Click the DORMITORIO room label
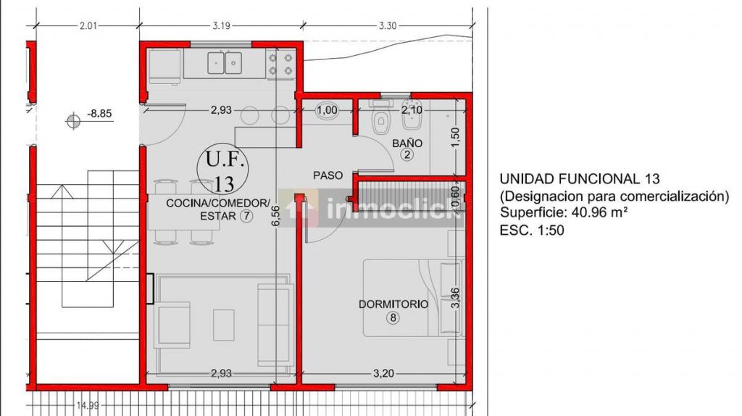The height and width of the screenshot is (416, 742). [x=393, y=304]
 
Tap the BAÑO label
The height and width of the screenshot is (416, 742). [x=407, y=143]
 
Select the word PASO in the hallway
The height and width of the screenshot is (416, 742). [x=328, y=175]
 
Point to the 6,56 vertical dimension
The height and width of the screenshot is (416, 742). [x=276, y=216]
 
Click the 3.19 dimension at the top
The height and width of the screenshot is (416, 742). [x=221, y=25]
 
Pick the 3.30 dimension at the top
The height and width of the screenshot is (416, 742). [x=388, y=25]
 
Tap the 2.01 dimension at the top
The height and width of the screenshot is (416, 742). [x=88, y=25]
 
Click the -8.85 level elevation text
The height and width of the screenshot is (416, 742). [x=99, y=114]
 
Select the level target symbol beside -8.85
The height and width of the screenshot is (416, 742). [x=73, y=121]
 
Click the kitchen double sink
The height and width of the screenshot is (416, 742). [x=225, y=63]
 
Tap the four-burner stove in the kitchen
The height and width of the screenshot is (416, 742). [x=280, y=65]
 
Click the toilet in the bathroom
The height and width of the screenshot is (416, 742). [x=380, y=119]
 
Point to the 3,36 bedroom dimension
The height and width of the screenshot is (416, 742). [x=455, y=298]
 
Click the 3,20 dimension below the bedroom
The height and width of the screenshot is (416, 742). [x=383, y=373]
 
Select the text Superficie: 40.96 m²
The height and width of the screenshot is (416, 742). [x=564, y=212]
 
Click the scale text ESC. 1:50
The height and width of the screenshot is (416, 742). [x=532, y=230]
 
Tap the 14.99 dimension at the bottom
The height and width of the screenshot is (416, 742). [x=88, y=406]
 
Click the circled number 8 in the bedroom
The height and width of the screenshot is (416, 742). [x=393, y=317]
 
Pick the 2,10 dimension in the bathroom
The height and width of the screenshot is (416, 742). [x=412, y=110]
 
